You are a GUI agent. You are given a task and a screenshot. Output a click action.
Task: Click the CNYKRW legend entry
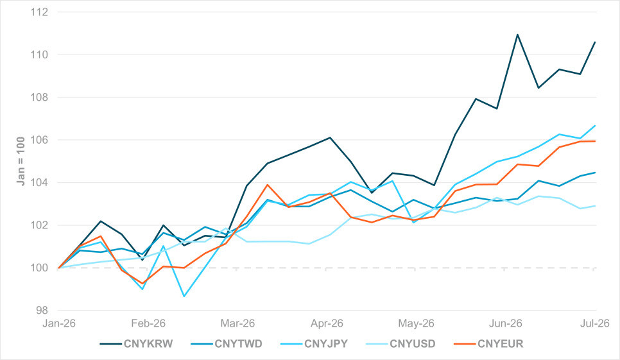[x=137, y=344]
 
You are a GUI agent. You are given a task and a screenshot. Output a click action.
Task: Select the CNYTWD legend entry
[x=227, y=344]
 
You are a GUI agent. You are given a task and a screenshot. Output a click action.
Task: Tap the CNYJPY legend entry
[x=314, y=344]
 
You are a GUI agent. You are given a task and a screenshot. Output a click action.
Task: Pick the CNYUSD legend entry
[x=401, y=344]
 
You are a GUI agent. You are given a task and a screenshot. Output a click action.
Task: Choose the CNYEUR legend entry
[x=488, y=344]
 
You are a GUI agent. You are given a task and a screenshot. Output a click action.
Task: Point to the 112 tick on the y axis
[x=39, y=12]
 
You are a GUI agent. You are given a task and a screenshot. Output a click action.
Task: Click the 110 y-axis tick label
[x=39, y=55]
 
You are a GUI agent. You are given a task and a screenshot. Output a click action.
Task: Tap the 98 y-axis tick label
[x=42, y=311]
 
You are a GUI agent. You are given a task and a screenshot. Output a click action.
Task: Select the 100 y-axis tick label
[x=39, y=268]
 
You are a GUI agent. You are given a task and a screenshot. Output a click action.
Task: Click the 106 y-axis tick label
[x=39, y=140]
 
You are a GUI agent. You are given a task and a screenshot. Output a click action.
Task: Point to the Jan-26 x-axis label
[x=59, y=323]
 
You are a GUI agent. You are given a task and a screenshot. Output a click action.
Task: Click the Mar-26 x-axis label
[x=237, y=323]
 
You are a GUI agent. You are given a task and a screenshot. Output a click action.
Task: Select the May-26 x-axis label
[x=416, y=323]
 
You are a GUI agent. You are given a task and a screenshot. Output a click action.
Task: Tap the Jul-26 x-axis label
[x=595, y=323]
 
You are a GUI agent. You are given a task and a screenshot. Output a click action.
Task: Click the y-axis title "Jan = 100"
[x=21, y=161]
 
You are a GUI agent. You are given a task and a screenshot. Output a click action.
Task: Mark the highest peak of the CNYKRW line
[x=517, y=35]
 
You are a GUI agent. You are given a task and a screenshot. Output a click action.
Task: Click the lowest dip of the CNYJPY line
[x=184, y=296]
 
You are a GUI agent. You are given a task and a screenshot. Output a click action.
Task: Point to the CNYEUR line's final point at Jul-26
[x=595, y=141]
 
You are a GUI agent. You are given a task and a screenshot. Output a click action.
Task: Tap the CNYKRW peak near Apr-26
[x=330, y=137]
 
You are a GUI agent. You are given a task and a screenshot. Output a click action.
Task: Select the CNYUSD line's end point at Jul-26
[x=595, y=206]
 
